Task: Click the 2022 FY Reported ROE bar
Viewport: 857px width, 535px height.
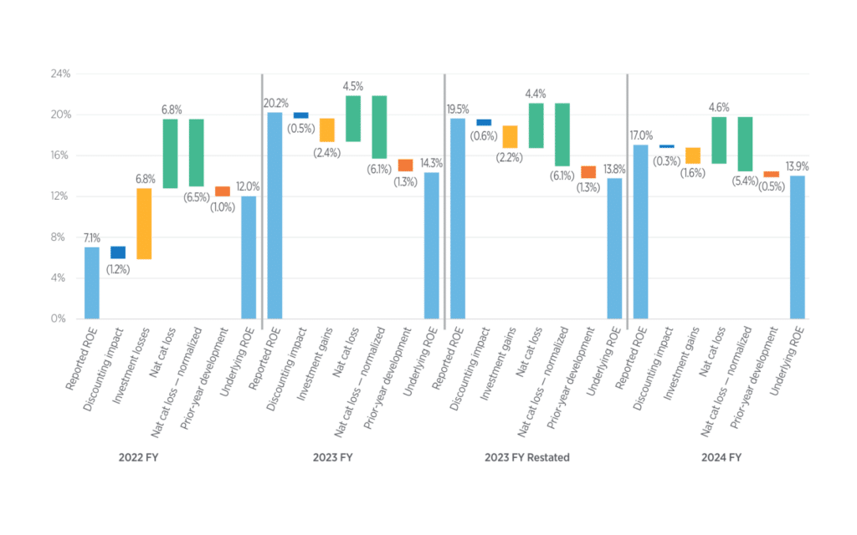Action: pyautogui.click(x=92, y=283)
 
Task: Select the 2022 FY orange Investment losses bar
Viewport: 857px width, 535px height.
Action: pyautogui.click(x=144, y=224)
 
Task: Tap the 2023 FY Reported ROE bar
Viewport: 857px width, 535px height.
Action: pyautogui.click(x=275, y=216)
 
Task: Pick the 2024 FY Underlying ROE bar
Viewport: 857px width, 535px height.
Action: pyautogui.click(x=798, y=247)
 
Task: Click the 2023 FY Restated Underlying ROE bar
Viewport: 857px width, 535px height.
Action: pyautogui.click(x=614, y=248)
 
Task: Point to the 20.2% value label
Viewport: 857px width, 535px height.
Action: pyautogui.click(x=276, y=103)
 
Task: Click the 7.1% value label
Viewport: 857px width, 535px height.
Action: pyautogui.click(x=92, y=238)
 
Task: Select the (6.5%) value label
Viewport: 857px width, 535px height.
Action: pyautogui.click(x=197, y=197)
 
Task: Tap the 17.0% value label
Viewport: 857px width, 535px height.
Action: pyautogui.click(x=641, y=135)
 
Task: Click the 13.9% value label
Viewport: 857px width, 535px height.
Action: pyautogui.click(x=798, y=166)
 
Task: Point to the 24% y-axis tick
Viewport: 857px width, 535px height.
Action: pyautogui.click(x=60, y=74)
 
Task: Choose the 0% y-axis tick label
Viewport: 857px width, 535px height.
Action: pyautogui.click(x=59, y=318)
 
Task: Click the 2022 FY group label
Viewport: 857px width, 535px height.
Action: pyautogui.click(x=138, y=457)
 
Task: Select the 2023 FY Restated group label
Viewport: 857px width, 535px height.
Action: pyautogui.click(x=527, y=457)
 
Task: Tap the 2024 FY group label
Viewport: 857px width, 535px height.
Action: pyautogui.click(x=721, y=457)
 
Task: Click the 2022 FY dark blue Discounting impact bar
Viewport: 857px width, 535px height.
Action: pyautogui.click(x=118, y=252)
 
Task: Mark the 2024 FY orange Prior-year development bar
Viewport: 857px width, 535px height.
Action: pyautogui.click(x=771, y=174)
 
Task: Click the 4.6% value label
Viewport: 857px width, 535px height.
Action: pyautogui.click(x=719, y=108)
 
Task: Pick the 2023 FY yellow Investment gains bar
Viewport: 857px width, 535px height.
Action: pyautogui.click(x=327, y=130)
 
